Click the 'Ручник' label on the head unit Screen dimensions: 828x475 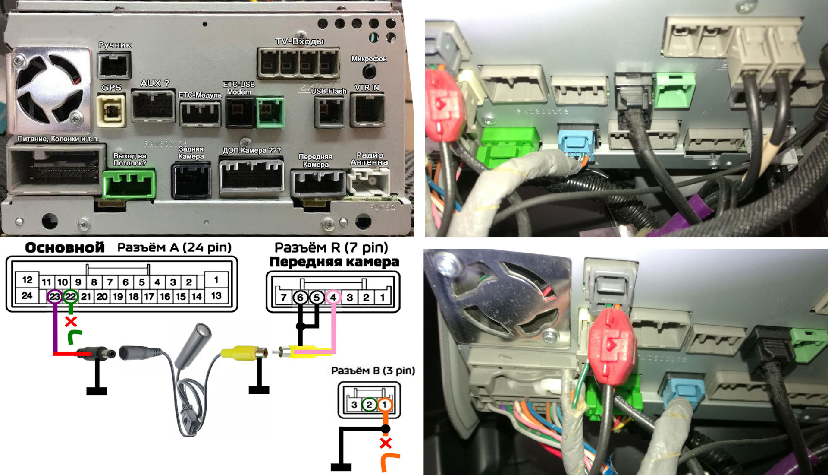[x=115, y=45]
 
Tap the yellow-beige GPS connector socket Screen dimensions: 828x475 [x=111, y=111]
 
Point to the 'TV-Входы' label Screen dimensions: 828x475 [x=299, y=41]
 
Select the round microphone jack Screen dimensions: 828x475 [x=369, y=71]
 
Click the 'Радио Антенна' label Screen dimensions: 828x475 [x=370, y=158]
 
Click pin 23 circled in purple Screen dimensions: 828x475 [x=55, y=297]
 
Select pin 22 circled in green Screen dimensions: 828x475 [x=70, y=297]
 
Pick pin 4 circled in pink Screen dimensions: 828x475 [x=333, y=298]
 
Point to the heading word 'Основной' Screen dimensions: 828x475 [x=65, y=247]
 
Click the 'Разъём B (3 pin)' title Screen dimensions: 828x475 [x=373, y=370]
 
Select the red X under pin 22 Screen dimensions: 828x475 [x=71, y=321]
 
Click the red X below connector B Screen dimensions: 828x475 [x=386, y=443]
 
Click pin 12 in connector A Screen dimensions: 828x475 [x=27, y=280]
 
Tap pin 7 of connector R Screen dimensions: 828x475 [x=284, y=298]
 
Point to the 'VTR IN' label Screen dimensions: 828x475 [x=367, y=88]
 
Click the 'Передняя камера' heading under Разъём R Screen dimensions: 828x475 [x=334, y=262]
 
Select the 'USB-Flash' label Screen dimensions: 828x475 [x=329, y=91]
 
